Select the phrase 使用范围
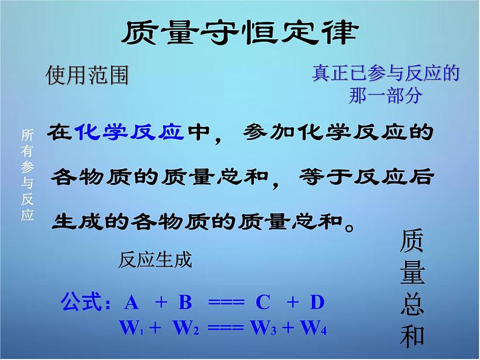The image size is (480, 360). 87,75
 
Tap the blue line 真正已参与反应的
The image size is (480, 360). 386,73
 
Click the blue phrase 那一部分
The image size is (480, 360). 386,95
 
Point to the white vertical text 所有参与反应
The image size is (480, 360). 27,175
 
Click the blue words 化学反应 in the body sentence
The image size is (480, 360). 129,132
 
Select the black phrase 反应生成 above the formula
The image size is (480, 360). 155,260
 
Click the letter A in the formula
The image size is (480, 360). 132,303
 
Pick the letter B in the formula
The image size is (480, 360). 185,302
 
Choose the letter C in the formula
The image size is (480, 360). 263,303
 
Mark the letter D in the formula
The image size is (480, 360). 317,302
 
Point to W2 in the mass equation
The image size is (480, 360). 186,327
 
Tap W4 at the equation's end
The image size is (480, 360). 314,327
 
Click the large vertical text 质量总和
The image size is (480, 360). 412,289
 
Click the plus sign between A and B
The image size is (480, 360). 161,303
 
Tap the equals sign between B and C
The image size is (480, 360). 226,303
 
